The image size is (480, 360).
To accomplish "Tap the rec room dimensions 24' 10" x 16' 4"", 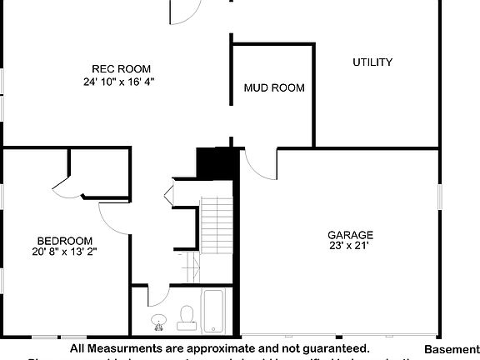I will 119,82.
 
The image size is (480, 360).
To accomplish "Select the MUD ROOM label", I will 273,87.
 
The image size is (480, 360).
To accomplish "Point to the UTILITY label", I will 372,62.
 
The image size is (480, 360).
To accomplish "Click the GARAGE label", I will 350,235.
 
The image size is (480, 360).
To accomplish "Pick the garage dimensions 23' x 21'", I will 348,246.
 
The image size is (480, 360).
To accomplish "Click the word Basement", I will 451,349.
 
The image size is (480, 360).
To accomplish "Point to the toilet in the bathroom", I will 187,314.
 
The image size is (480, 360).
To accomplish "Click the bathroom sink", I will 158,320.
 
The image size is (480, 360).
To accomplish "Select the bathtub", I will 212,310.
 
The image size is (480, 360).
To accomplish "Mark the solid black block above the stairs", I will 217,162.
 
